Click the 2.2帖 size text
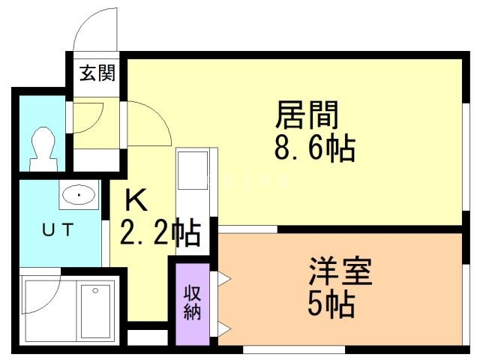point(160,233)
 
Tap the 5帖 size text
point(331,304)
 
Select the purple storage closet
point(193,300)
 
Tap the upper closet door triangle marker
point(223,279)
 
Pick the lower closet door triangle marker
point(223,326)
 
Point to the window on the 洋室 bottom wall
point(293,349)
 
